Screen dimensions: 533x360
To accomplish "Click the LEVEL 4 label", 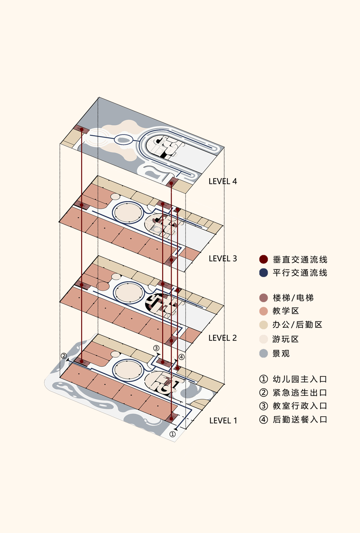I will point(223,181).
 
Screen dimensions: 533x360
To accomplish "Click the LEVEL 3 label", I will point(223,259).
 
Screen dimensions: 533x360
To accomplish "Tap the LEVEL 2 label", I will point(223,338).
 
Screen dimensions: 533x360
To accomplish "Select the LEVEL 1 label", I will point(223,420).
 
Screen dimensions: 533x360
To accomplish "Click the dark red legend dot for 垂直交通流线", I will point(263,259).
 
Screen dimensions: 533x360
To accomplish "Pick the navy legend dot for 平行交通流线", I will point(263,273).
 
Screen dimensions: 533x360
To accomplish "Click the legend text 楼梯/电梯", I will point(293,298).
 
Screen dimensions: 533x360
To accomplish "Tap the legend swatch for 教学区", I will point(263,311).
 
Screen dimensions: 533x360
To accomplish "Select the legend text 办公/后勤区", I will point(297,324).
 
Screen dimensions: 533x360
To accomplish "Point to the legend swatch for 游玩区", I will point(263,339).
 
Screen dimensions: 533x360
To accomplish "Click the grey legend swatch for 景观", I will point(263,353).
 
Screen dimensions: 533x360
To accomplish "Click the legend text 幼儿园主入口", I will point(300,379).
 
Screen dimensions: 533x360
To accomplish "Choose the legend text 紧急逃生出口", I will point(300,392).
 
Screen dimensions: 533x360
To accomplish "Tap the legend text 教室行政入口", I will point(300,406).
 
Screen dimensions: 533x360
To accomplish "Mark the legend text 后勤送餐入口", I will point(300,419).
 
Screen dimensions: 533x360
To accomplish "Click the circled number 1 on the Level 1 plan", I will point(173,434).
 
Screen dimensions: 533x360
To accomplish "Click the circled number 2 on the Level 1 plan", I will point(64,356).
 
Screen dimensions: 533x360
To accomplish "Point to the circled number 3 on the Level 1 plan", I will point(156,348).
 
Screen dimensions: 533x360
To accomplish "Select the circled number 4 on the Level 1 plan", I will point(181,357).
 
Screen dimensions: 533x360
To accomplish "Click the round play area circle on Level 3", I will point(128,212).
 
